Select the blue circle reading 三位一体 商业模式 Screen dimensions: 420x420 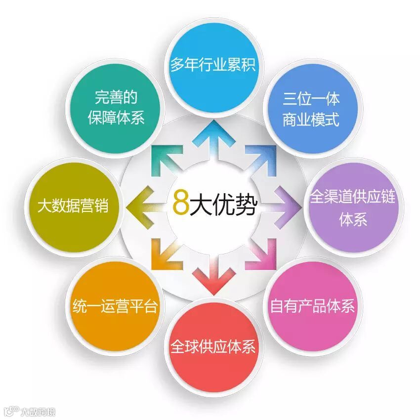point(311,109)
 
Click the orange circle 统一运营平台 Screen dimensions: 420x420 point(115,306)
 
